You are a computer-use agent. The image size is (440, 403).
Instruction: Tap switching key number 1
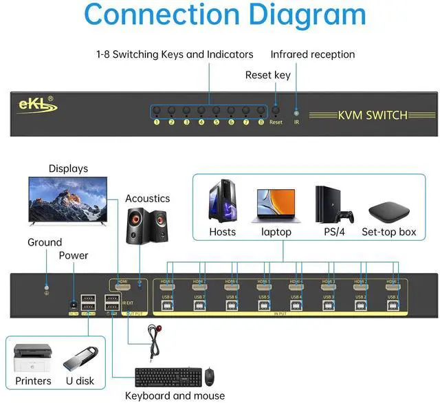pos(157,111)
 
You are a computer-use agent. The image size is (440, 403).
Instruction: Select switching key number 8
pos(261,111)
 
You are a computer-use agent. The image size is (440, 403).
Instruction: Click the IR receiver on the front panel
pos(296,111)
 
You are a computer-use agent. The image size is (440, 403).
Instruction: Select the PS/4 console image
pos(332,204)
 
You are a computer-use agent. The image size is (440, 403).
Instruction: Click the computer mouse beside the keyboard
pos(210,377)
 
